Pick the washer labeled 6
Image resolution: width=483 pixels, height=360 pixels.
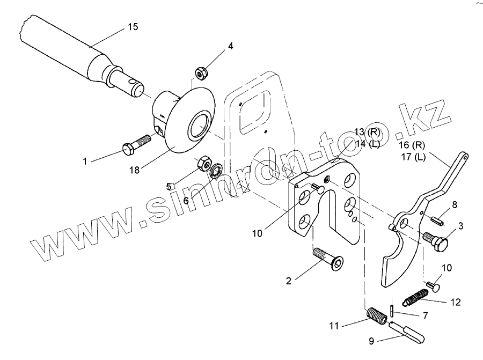216,171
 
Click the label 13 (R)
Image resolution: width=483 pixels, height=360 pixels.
367,133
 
